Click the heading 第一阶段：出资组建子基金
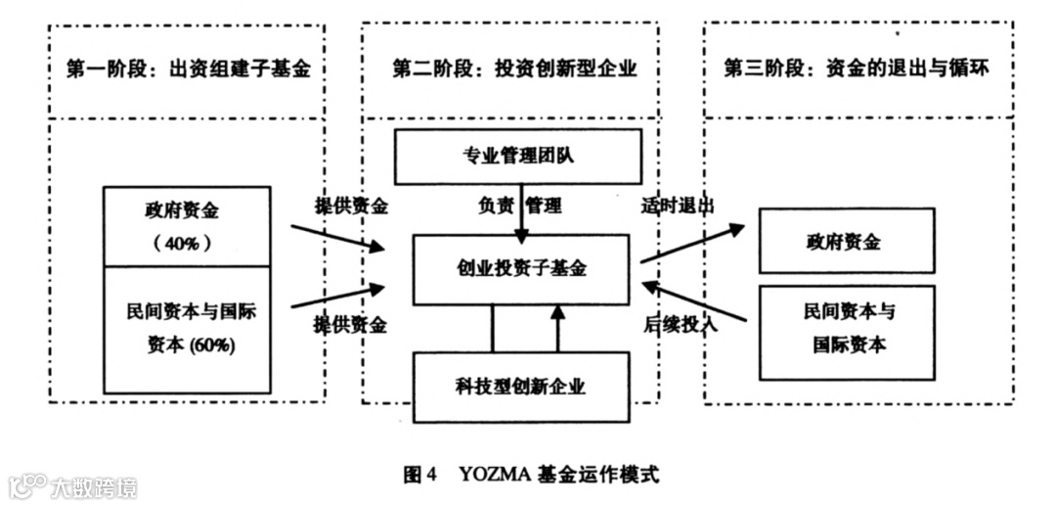[x=188, y=69]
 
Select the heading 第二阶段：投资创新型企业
[x=514, y=69]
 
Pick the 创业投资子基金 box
[x=520, y=268]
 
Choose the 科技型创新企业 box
[x=520, y=387]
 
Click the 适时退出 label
[x=678, y=207]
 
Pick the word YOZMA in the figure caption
[x=494, y=477]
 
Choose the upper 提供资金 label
[x=351, y=207]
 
